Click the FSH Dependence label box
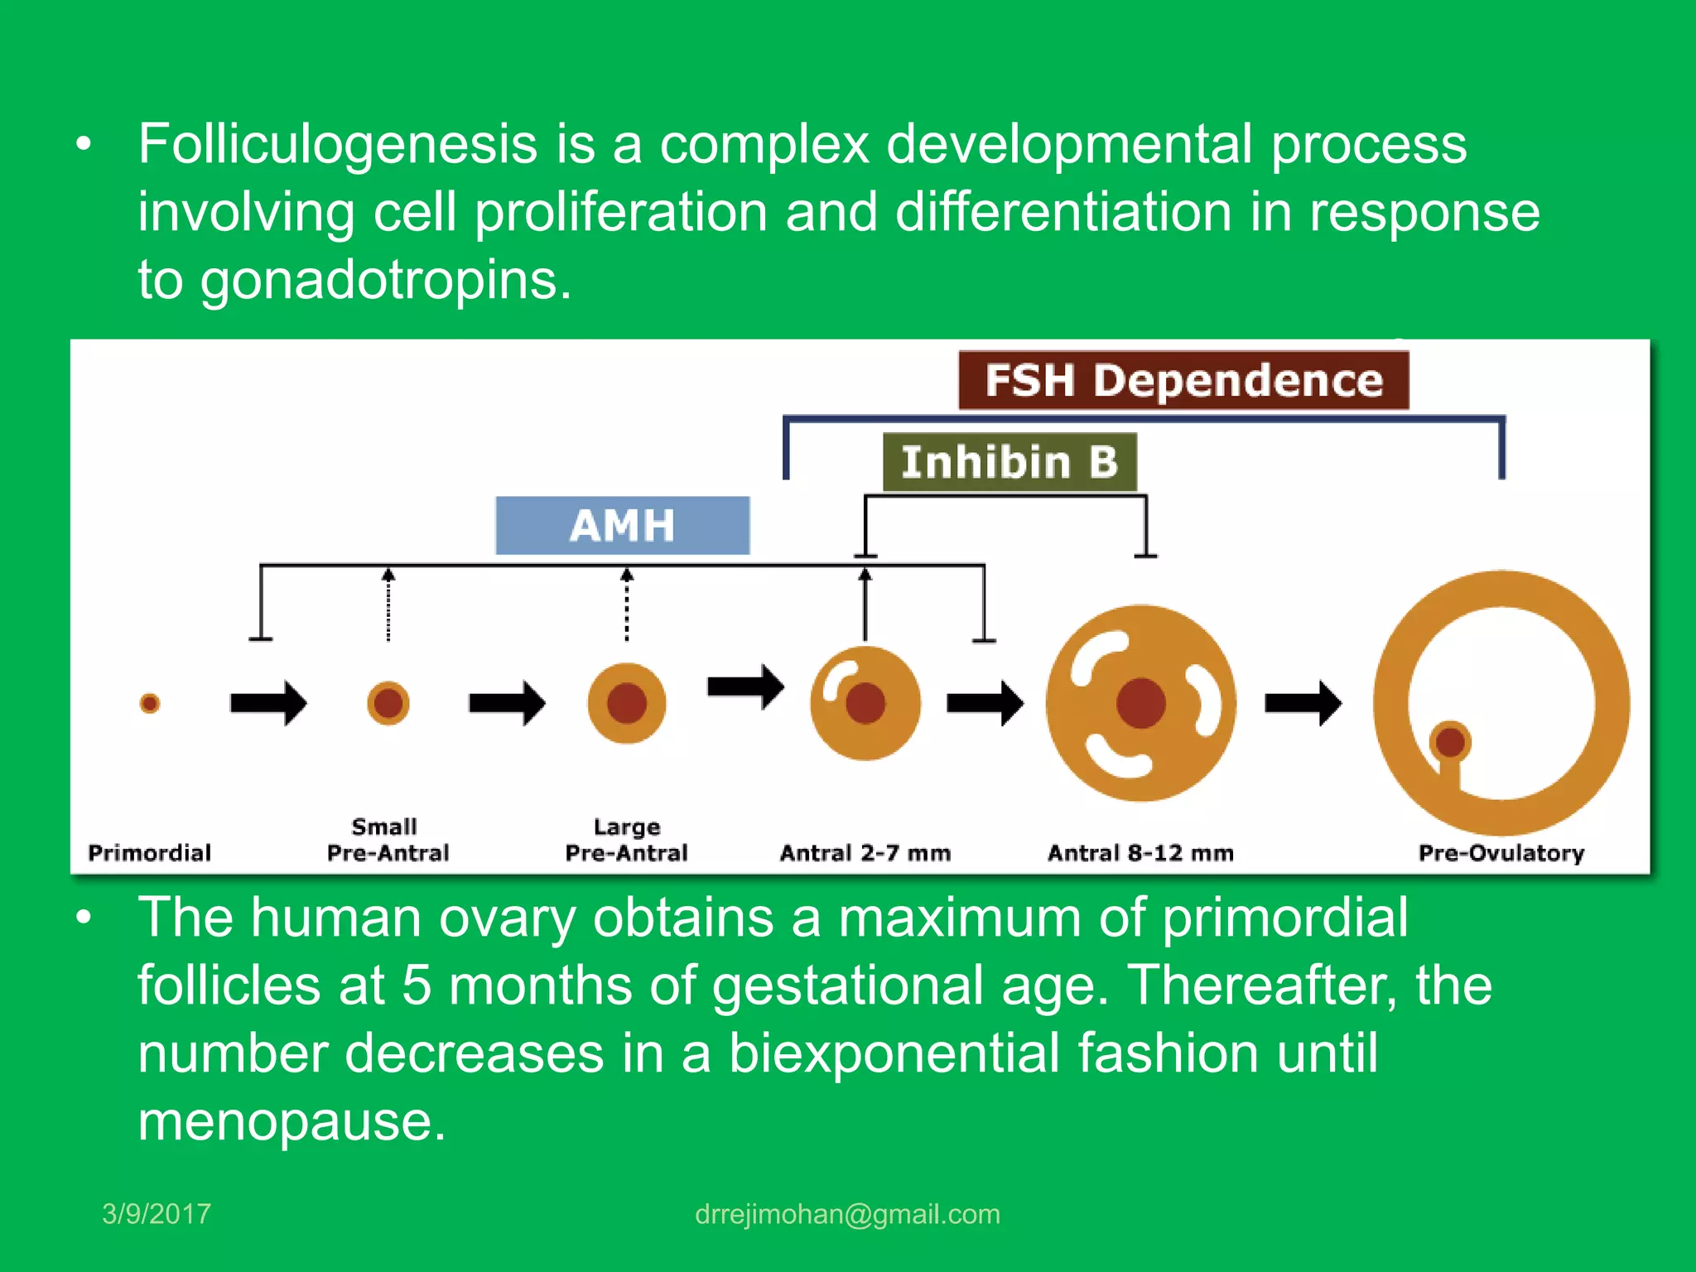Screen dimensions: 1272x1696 (1183, 380)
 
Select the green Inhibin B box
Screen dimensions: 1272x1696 (1009, 461)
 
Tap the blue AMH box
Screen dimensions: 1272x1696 (623, 525)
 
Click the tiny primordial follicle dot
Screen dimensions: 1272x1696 (150, 703)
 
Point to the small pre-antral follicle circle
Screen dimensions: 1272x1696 (388, 703)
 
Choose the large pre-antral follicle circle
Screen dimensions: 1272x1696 (627, 703)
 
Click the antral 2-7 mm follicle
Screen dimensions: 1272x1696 (865, 703)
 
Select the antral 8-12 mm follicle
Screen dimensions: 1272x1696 (1140, 703)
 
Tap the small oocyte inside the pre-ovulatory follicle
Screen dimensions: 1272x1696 (1450, 741)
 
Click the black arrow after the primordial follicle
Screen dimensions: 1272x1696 (268, 703)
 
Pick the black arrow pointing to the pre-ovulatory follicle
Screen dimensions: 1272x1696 (1303, 703)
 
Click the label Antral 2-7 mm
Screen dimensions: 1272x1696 (865, 852)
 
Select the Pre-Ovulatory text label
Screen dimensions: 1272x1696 (1501, 852)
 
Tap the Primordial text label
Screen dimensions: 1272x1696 (150, 852)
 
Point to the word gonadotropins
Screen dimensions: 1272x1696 (385, 281)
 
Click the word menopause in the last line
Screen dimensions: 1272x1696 (291, 1121)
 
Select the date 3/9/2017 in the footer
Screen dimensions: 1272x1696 (157, 1213)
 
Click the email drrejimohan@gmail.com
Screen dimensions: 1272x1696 (847, 1213)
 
